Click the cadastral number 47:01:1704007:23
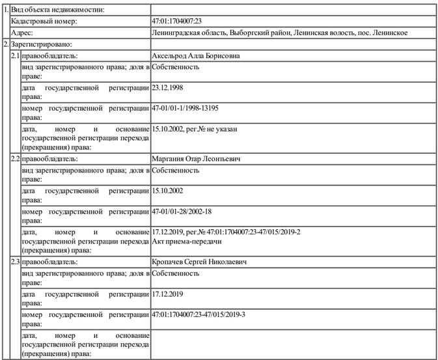point(178,21)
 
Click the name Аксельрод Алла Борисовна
point(195,56)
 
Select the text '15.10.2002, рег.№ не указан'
point(194,129)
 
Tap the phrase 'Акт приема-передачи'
point(187,242)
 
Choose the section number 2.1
point(15,56)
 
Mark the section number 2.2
point(15,159)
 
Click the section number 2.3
point(15,262)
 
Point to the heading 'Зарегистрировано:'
point(41,44)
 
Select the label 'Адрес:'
point(23,33)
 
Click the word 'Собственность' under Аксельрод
point(175,66)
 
